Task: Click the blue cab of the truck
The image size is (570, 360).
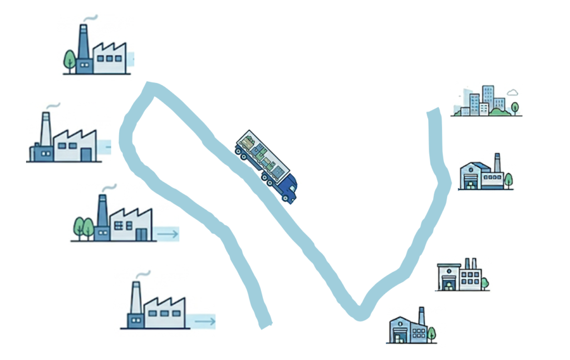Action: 288,188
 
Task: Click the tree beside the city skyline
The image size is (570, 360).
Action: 515,107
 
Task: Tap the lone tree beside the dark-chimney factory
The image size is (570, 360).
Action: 69,59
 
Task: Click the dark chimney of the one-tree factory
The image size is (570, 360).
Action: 83,41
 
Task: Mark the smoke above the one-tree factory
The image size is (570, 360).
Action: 91,18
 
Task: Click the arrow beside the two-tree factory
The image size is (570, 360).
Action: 167,234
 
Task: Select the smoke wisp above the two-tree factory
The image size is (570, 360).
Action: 110,188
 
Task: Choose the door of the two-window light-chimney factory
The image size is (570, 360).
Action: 86,154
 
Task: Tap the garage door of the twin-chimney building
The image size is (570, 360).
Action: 449,284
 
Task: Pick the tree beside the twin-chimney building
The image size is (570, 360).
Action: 485,283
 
